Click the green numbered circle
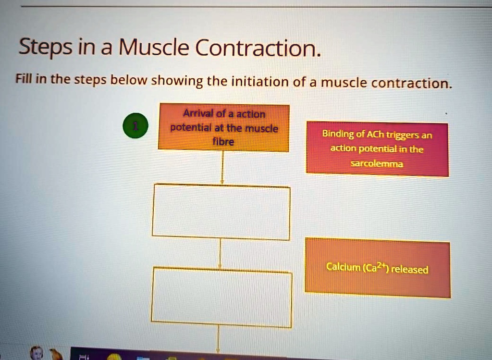pyautogui.click(x=136, y=126)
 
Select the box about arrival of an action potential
pyautogui.click(x=223, y=128)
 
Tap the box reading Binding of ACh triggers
pyautogui.click(x=377, y=149)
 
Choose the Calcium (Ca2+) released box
pyautogui.click(x=378, y=268)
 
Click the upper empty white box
pyautogui.click(x=221, y=212)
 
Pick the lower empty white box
pyautogui.click(x=221, y=298)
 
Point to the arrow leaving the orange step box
pyautogui.click(x=222, y=168)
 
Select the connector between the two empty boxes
pyautogui.click(x=220, y=254)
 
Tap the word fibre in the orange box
pyautogui.click(x=223, y=142)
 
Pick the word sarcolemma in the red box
pyautogui.click(x=378, y=164)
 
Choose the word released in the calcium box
pyautogui.click(x=409, y=269)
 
